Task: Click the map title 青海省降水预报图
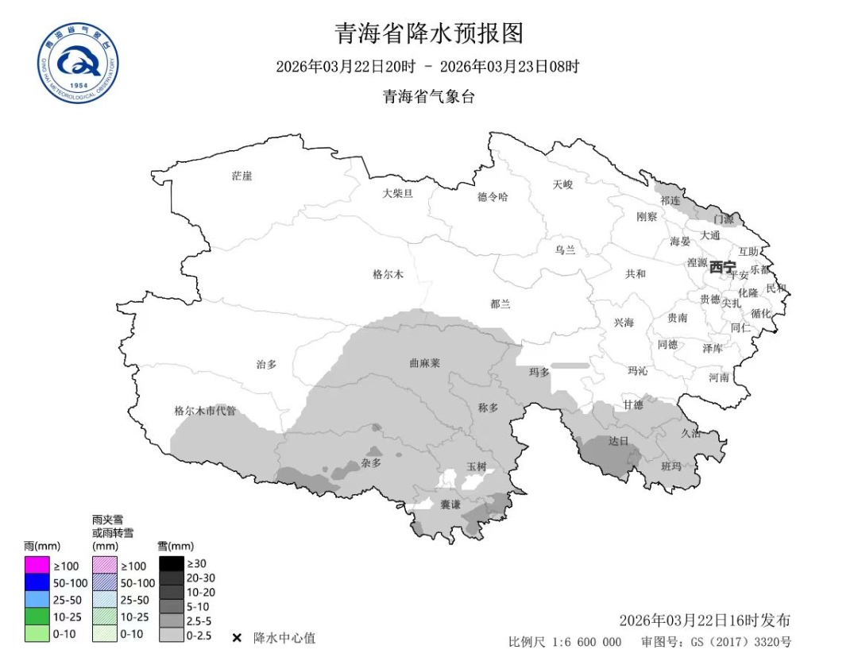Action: pos(429,33)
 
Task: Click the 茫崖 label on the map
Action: pos(242,176)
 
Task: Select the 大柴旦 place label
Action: pos(397,192)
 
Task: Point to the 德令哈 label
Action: pos(493,196)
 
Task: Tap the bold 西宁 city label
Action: pos(723,266)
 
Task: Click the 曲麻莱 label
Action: pos(424,362)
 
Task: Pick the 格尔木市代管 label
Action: pos(205,411)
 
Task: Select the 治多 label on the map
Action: pos(266,364)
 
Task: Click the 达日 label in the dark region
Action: pos(618,440)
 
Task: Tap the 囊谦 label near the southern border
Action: pos(450,505)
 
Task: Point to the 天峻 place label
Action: pos(562,184)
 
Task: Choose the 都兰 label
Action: pos(500,304)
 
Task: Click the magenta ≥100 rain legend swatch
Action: pos(37,566)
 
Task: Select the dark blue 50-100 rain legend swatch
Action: pos(37,582)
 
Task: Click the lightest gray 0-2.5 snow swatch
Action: pos(171,635)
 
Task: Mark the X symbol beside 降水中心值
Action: pos(237,638)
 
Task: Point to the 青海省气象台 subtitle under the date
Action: pos(429,96)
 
